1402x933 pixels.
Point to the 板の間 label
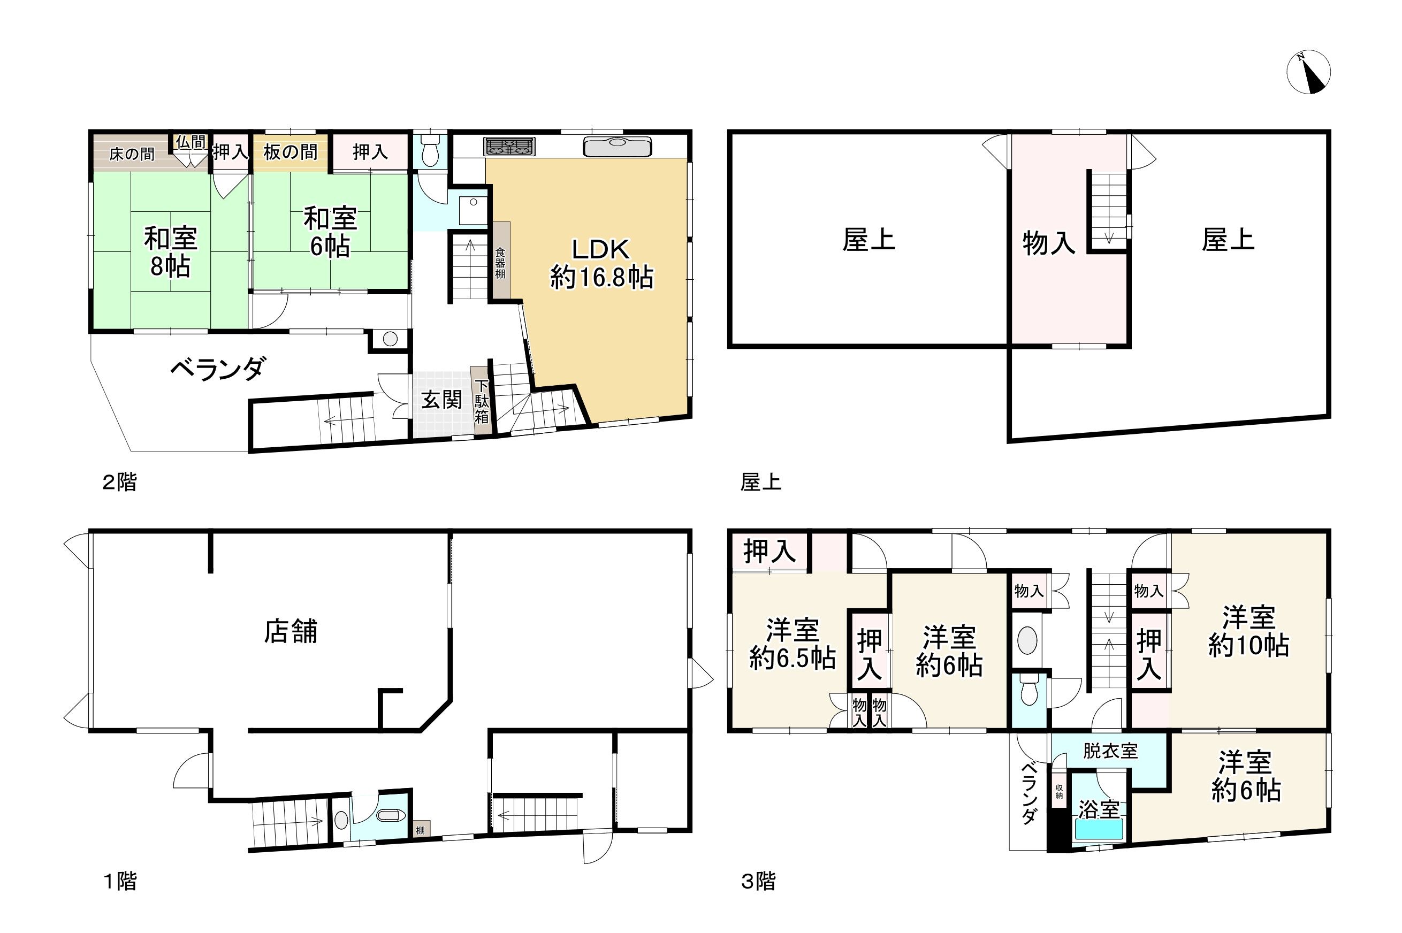pos(290,152)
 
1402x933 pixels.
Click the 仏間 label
pos(191,142)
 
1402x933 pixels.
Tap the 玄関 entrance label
pos(441,399)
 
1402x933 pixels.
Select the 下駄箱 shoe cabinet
pos(482,402)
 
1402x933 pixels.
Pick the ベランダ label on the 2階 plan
pos(218,369)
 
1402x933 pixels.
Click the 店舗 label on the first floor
pos(291,631)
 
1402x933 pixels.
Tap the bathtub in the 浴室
pos(1099,829)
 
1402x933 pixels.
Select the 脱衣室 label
pos(1110,751)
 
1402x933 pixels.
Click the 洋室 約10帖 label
pos(1248,631)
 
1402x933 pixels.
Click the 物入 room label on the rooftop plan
pos(1048,243)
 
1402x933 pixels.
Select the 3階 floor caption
pos(758,881)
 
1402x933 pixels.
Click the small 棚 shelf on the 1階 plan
pos(420,829)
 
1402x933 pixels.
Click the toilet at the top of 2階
pos(430,152)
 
